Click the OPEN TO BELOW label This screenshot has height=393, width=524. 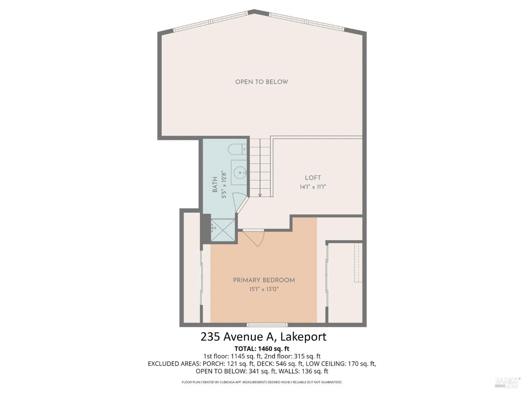click(261, 82)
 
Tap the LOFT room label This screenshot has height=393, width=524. click(313, 177)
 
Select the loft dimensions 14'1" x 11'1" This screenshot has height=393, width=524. click(313, 187)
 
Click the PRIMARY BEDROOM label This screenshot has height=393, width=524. click(264, 280)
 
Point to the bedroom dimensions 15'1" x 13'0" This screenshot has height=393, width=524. click(264, 289)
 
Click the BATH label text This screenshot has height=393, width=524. click(215, 184)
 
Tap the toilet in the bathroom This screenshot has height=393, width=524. click(237, 150)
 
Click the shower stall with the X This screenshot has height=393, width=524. click(223, 230)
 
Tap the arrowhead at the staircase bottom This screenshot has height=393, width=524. click(260, 195)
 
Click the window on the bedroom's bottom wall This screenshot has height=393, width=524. click(267, 325)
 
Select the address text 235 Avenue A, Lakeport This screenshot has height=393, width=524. click(263, 337)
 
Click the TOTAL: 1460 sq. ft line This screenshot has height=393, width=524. click(262, 349)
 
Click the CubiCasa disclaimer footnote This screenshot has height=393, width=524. click(262, 382)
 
